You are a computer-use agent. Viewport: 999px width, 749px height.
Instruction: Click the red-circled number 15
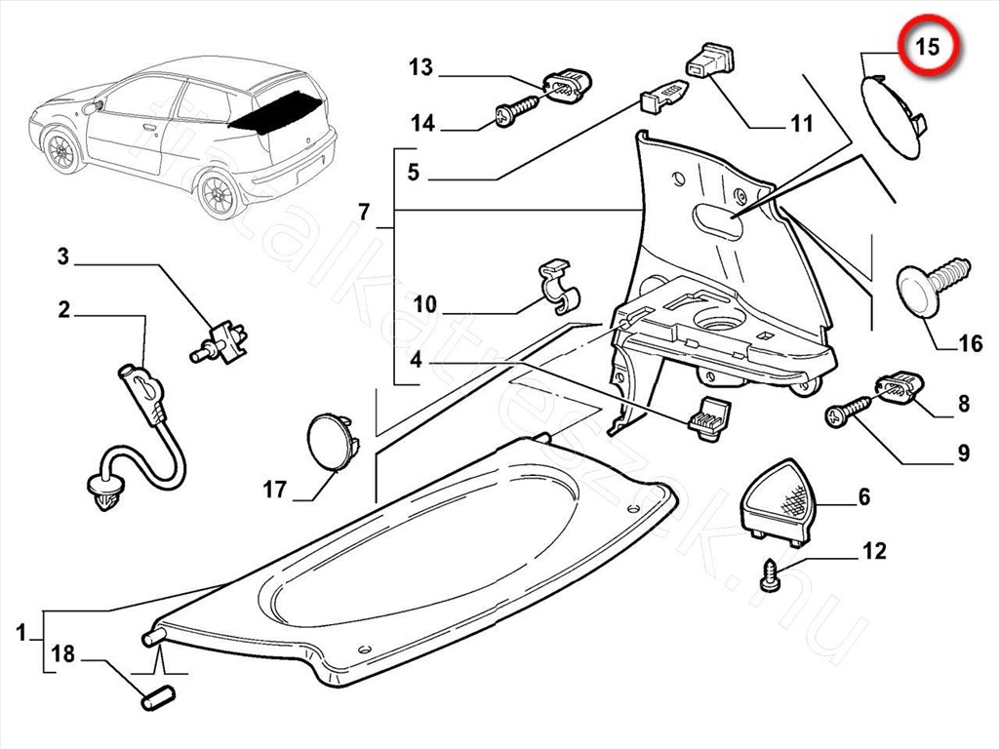pos(929,46)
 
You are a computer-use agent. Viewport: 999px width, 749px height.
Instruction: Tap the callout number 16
pos(970,343)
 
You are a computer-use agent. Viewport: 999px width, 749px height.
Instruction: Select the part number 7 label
pos(364,212)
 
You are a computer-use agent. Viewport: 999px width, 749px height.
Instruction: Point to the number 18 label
pos(62,654)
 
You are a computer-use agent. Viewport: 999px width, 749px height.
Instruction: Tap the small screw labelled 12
pos(770,574)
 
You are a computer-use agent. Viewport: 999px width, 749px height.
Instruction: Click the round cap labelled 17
pos(330,443)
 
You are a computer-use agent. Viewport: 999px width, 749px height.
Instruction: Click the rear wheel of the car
pos(219,192)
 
